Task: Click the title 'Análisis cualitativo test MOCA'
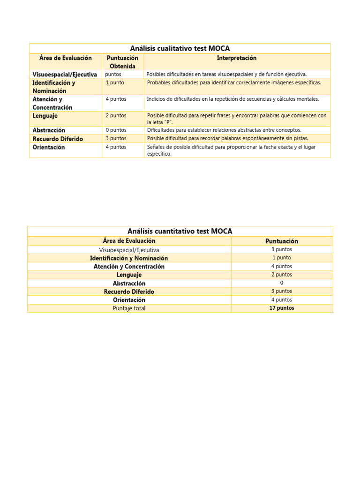point(180,48)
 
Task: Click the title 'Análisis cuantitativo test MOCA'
point(180,231)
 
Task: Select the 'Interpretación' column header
point(237,58)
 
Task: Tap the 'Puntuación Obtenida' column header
point(122,62)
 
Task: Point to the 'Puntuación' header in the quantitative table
point(282,241)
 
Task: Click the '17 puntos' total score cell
point(282,308)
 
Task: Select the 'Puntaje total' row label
point(129,308)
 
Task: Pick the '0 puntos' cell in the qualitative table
point(116,130)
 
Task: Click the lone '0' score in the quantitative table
point(282,283)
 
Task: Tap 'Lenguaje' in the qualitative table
point(45,115)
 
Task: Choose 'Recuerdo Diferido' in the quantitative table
point(129,292)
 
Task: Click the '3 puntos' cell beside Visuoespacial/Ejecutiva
point(282,249)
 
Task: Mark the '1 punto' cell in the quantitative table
point(282,258)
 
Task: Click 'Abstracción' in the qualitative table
point(49,130)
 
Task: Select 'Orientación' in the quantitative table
point(129,300)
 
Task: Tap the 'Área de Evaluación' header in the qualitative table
point(66,58)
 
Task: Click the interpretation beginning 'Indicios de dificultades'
point(233,99)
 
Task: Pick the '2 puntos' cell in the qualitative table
point(116,115)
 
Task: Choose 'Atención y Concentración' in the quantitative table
point(129,266)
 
